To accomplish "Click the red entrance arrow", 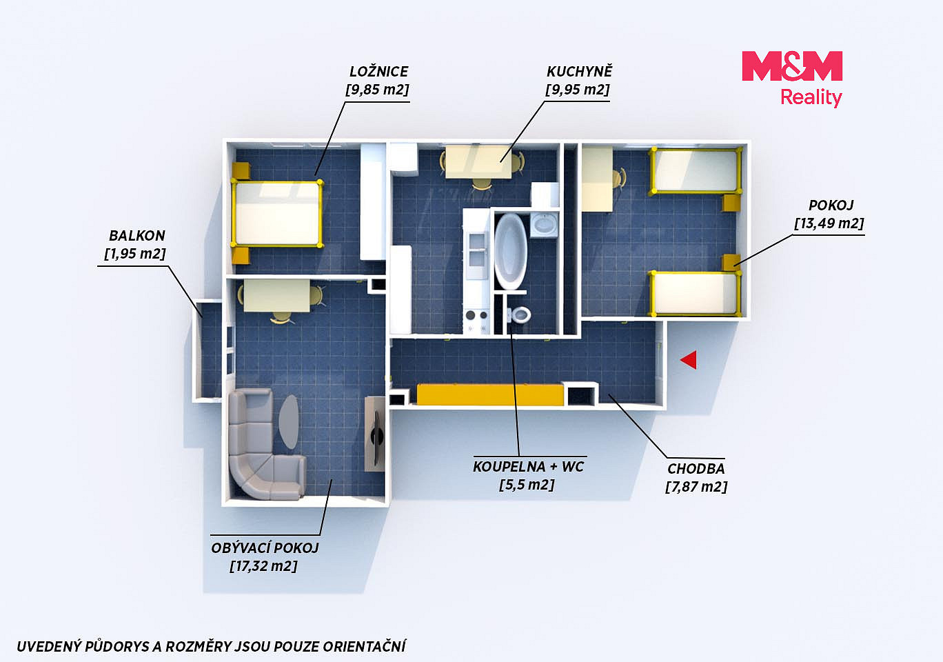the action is [x=689, y=360].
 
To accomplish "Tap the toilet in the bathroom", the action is [x=520, y=314].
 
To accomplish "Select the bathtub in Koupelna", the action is [x=510, y=251].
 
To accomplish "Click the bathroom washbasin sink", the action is [x=544, y=224].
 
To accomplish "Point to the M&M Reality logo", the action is [x=792, y=79].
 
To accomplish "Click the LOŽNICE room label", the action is [x=378, y=72].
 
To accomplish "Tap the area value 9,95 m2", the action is [x=577, y=90].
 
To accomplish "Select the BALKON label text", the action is [x=136, y=236].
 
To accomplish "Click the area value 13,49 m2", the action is [x=829, y=223].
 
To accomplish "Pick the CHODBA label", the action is [x=696, y=469].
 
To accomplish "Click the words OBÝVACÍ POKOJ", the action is [x=265, y=548].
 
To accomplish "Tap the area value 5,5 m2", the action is [x=527, y=485].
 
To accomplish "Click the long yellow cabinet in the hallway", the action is [x=490, y=394].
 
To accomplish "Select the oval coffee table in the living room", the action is [x=290, y=421].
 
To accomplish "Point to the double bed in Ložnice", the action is [x=276, y=214].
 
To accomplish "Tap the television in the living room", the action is [x=376, y=434].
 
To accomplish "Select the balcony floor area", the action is [x=211, y=350].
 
